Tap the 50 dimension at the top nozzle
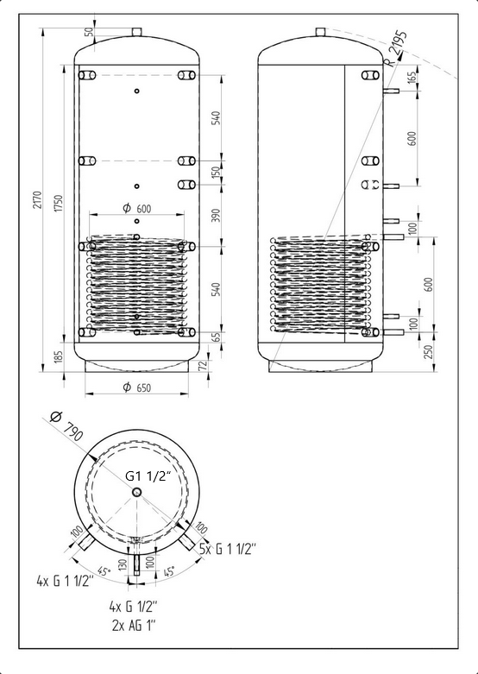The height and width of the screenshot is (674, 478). tap(89, 32)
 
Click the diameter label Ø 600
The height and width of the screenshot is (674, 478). tap(137, 209)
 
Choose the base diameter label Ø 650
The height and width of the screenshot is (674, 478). tap(137, 387)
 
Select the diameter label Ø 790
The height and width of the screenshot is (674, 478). tap(66, 426)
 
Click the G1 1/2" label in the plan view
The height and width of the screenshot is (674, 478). tap(148, 476)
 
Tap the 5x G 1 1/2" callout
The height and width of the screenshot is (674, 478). tap(228, 549)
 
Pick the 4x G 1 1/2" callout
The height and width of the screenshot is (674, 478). tap(65, 582)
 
